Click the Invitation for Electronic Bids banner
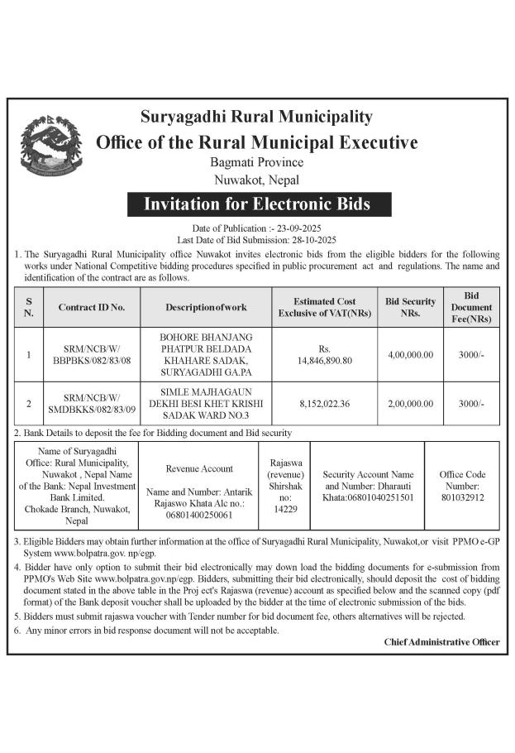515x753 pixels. click(x=257, y=204)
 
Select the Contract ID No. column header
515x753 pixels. click(x=91, y=307)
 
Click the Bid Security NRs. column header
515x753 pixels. click(x=410, y=307)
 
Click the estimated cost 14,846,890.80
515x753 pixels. click(x=324, y=361)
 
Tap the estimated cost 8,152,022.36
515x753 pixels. click(x=324, y=404)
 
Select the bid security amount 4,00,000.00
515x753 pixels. click(x=410, y=355)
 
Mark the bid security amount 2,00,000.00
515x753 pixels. click(x=410, y=404)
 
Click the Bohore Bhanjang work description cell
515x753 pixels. click(x=206, y=355)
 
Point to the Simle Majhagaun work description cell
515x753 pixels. click(x=206, y=404)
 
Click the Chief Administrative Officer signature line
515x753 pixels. click(x=441, y=642)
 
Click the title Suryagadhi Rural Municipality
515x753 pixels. click(x=257, y=117)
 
